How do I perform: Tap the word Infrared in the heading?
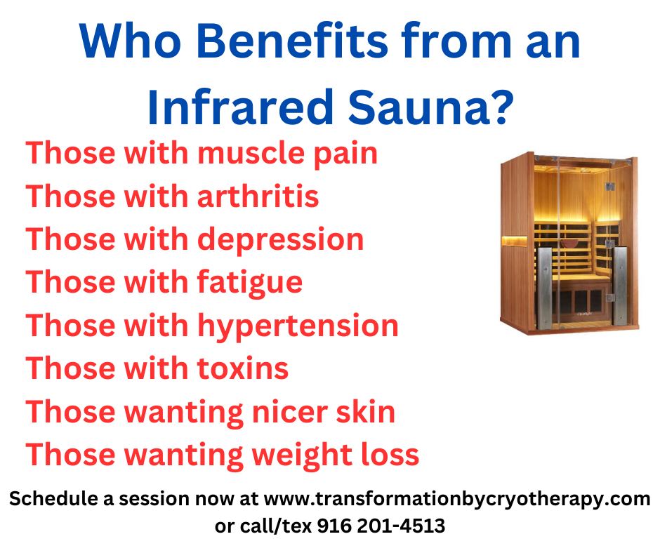tap(240, 107)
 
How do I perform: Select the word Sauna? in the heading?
tap(430, 107)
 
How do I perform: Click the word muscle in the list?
tap(251, 153)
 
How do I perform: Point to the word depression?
tap(280, 240)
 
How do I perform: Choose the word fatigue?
tap(249, 283)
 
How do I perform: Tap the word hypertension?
tap(298, 326)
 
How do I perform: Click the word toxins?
tap(243, 368)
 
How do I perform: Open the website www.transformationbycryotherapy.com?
tap(457, 500)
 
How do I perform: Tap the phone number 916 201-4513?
tap(381, 526)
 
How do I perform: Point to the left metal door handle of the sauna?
tap(543, 288)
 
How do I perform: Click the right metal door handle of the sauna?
tap(620, 286)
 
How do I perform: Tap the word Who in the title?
tap(131, 41)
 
